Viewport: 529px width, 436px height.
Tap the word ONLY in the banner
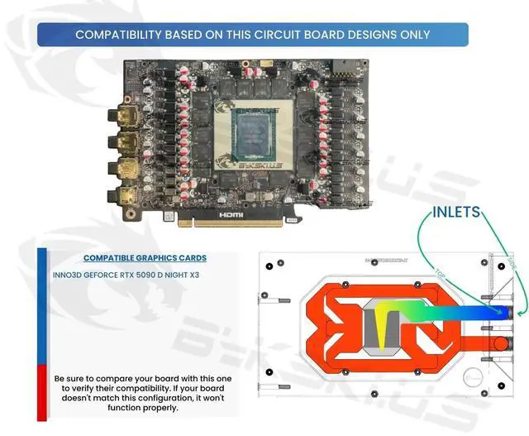(413, 35)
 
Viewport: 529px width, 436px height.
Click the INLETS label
(455, 213)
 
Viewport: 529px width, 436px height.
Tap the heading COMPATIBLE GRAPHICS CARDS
(145, 258)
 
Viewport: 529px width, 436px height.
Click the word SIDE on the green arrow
(507, 265)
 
